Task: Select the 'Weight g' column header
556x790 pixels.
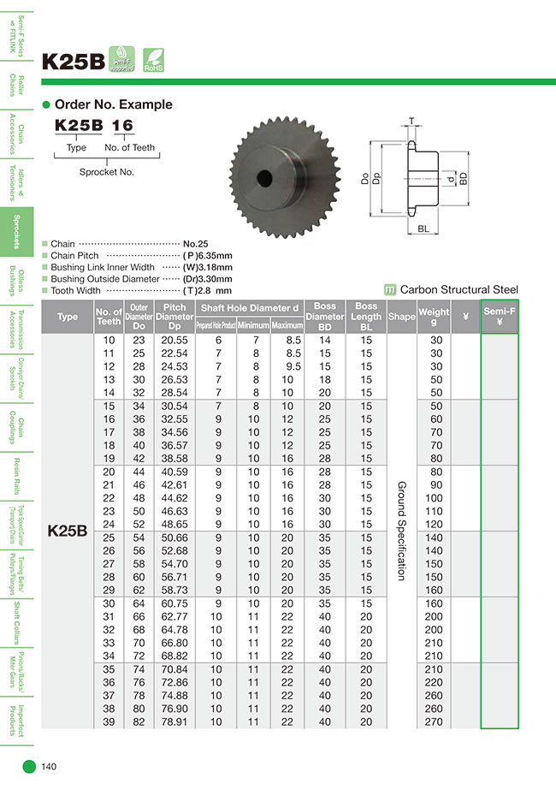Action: pyautogui.click(x=434, y=317)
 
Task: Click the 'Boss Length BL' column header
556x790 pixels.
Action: pyautogui.click(x=366, y=317)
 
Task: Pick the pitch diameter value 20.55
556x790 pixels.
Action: pyautogui.click(x=174, y=341)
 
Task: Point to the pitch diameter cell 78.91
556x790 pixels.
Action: pyautogui.click(x=174, y=722)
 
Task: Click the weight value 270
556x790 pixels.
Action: pyautogui.click(x=434, y=722)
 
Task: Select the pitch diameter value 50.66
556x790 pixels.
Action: pyautogui.click(x=174, y=537)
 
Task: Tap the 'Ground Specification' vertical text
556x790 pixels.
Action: pyautogui.click(x=401, y=531)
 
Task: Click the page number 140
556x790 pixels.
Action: pyautogui.click(x=49, y=767)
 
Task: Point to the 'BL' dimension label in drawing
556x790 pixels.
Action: pyautogui.click(x=424, y=228)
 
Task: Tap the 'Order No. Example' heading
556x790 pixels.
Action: pyautogui.click(x=113, y=104)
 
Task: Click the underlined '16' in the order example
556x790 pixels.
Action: pyautogui.click(x=123, y=126)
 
